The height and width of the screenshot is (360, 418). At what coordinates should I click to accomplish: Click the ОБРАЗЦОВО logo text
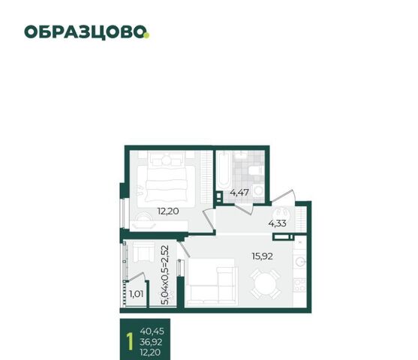(85, 32)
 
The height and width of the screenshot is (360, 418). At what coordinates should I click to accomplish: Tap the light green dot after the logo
(146, 35)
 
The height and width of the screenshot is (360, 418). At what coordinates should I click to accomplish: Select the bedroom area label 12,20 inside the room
(168, 211)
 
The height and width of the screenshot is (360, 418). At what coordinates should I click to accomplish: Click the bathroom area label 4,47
(239, 192)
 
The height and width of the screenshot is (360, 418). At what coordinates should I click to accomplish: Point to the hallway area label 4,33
(277, 223)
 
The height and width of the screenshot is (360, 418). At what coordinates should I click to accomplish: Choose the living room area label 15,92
(263, 256)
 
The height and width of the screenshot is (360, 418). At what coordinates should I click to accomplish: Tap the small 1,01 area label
(137, 294)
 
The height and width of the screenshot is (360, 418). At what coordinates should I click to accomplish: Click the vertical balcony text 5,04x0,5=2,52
(165, 274)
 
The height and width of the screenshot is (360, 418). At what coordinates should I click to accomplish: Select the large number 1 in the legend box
(130, 340)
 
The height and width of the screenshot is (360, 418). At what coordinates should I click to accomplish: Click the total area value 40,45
(152, 331)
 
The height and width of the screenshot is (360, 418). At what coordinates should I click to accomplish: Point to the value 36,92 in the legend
(151, 342)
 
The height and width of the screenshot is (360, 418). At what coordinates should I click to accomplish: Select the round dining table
(266, 284)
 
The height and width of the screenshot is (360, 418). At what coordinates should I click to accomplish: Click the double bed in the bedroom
(166, 184)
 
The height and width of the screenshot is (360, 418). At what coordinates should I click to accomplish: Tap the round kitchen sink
(299, 262)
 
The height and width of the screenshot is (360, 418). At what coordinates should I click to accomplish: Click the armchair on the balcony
(143, 252)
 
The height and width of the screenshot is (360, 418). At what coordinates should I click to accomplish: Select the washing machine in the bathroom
(259, 190)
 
